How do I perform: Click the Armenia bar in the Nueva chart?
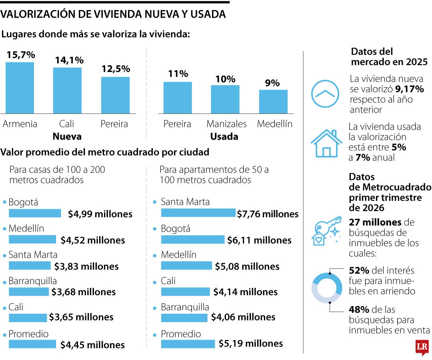point(20,88)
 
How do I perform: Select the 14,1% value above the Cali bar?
point(69,60)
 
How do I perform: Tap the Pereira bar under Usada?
point(178,98)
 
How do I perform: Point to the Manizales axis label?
point(226,124)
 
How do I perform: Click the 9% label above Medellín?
point(272,83)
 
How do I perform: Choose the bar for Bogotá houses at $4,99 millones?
point(35,213)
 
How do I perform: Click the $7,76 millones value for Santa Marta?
point(268,214)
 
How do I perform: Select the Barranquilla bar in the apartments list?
point(184,318)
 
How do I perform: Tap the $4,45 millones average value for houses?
point(92,344)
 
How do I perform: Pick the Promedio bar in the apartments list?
point(188,344)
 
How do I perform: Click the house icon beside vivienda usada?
point(326,143)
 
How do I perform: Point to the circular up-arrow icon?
point(325,94)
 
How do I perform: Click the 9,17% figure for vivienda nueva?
point(409,89)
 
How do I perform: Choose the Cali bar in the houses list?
point(28,318)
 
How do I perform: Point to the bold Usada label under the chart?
point(224,136)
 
